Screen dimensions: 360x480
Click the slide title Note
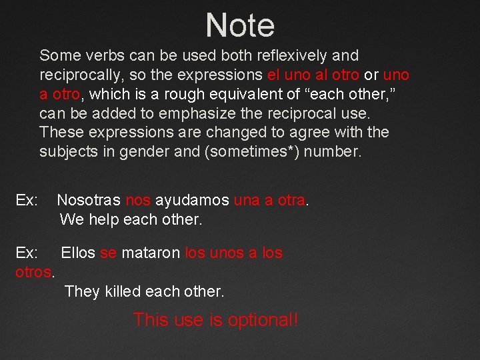(x=240, y=25)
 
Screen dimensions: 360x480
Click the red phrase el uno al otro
(x=313, y=75)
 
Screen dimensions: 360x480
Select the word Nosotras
(x=89, y=200)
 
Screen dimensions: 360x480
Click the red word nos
(x=138, y=200)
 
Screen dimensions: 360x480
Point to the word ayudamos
(x=193, y=200)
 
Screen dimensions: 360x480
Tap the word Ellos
(x=78, y=253)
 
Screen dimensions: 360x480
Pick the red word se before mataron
(x=108, y=253)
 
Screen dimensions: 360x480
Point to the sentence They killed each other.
(x=145, y=292)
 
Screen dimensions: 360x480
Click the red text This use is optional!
(x=216, y=320)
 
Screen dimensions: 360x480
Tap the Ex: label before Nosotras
(x=27, y=200)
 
